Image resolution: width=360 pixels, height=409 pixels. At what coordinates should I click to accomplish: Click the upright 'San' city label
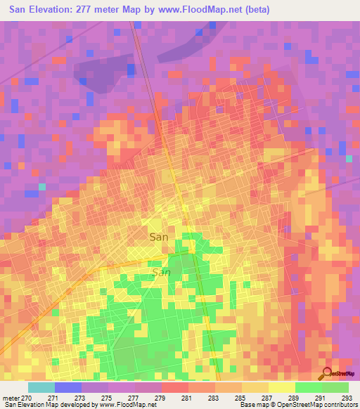(159, 238)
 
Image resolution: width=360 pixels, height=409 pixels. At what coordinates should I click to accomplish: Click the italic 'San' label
(162, 272)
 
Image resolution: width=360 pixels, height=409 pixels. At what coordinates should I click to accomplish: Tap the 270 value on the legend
(26, 398)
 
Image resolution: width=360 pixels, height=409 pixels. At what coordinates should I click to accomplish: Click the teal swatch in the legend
(41, 387)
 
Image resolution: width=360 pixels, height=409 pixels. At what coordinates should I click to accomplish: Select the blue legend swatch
(67, 387)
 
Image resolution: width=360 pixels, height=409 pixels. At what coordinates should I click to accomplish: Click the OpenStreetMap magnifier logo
(326, 374)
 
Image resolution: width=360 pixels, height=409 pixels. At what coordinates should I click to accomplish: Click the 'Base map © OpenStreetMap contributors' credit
(297, 405)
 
